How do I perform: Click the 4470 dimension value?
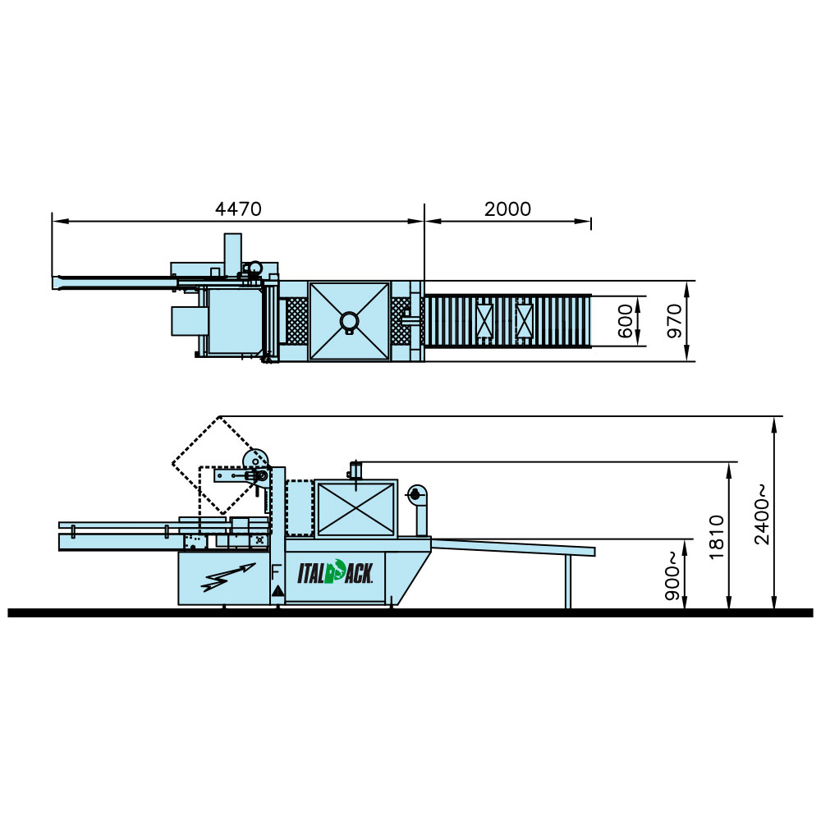pyautogui.click(x=238, y=209)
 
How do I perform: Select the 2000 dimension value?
pyautogui.click(x=507, y=209)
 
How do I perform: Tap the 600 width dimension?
pyautogui.click(x=625, y=321)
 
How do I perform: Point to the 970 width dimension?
pyautogui.click(x=674, y=321)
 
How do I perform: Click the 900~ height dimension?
pyautogui.click(x=672, y=576)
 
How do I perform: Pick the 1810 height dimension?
pyautogui.click(x=716, y=537)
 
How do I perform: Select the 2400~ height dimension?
pyautogui.click(x=762, y=514)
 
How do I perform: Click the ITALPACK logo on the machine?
pyautogui.click(x=335, y=571)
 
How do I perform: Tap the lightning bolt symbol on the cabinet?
pyautogui.click(x=228, y=577)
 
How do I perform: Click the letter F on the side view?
pyautogui.click(x=276, y=572)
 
